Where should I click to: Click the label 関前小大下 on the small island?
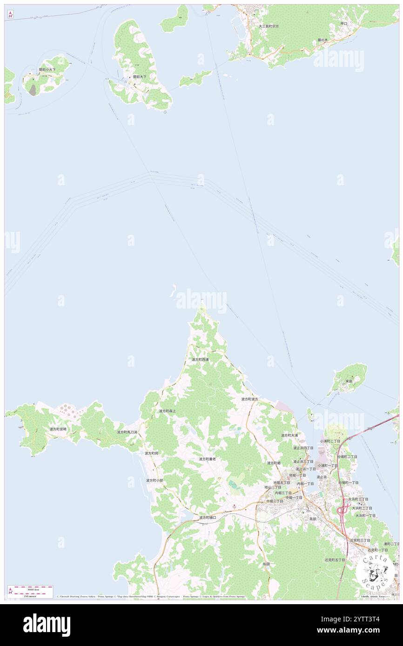click(x=47, y=69)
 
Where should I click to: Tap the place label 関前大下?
click(x=140, y=77)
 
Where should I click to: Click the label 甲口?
click(x=344, y=23)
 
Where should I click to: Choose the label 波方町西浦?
click(x=200, y=360)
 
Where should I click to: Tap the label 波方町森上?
click(x=168, y=411)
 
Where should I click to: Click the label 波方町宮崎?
click(x=58, y=429)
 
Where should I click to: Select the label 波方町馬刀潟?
click(x=127, y=432)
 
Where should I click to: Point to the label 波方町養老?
click(x=207, y=459)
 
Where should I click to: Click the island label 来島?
click(x=349, y=381)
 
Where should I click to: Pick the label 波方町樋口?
click(x=208, y=517)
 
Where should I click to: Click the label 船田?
click(x=267, y=564)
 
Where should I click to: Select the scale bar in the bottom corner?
click(x=30, y=591)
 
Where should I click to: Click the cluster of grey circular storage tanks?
click(x=68, y=410)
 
